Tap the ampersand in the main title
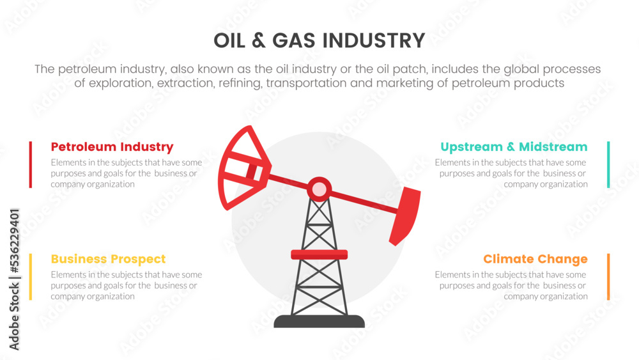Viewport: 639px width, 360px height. click(259, 41)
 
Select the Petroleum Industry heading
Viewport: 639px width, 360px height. click(112, 147)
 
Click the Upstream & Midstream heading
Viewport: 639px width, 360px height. click(514, 147)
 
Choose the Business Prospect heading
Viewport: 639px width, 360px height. click(108, 259)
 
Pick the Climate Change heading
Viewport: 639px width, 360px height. click(535, 259)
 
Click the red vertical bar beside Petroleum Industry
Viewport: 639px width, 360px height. click(31, 165)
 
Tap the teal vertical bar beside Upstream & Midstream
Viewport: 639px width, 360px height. click(608, 165)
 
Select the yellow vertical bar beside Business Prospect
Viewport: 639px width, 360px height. click(31, 277)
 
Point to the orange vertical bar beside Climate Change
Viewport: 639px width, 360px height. click(608, 277)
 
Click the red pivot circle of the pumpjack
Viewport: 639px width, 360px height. click(319, 189)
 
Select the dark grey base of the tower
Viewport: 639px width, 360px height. click(319, 321)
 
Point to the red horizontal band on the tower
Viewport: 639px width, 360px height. click(319, 254)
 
